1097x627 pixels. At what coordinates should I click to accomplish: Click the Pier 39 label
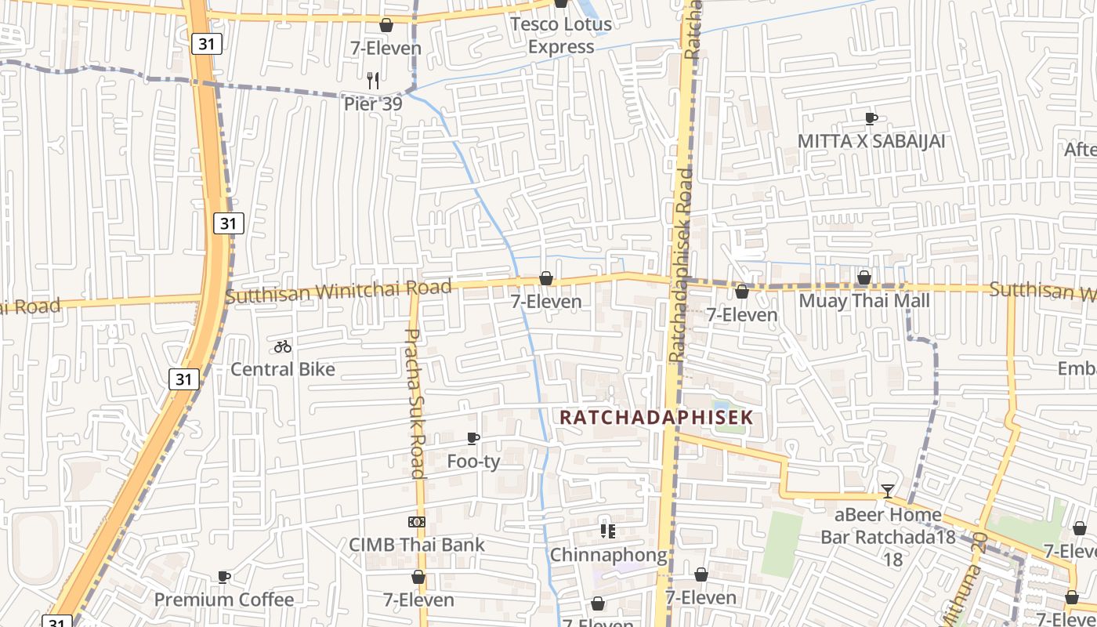[373, 104]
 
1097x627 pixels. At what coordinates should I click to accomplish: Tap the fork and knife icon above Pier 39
[373, 80]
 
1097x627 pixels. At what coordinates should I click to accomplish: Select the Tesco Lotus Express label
[560, 35]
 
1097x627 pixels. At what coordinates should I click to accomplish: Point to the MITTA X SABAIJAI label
[871, 141]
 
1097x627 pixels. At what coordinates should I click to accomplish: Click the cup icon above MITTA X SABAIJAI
[871, 118]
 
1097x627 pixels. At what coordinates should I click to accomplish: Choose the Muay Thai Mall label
[864, 301]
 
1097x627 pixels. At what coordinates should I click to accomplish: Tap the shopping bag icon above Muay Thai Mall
[863, 278]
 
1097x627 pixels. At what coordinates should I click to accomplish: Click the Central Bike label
[282, 369]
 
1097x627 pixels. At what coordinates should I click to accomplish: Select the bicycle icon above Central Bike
[283, 346]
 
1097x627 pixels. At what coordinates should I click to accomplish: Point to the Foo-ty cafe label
[473, 462]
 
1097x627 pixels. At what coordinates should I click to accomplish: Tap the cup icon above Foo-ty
[473, 438]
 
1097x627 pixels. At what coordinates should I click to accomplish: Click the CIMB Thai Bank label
[417, 545]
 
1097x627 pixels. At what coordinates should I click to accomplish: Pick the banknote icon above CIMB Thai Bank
[417, 522]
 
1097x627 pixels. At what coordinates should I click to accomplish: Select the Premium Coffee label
[224, 600]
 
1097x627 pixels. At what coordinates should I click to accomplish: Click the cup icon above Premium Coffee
[224, 577]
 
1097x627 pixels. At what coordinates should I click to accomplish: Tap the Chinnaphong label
[608, 555]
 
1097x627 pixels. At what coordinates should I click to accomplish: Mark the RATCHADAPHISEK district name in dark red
[656, 417]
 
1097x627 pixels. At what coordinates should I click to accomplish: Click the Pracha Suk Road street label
[414, 403]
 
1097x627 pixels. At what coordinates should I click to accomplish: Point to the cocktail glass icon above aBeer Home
[887, 491]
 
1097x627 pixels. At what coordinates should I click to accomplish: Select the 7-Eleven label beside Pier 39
[386, 48]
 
